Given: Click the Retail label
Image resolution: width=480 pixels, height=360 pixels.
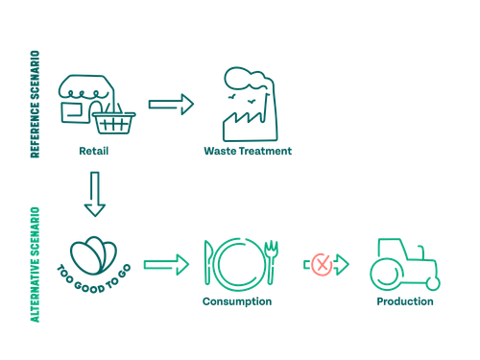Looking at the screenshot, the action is point(94,151).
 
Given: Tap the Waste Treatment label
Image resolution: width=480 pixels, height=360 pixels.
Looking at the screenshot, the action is point(248,151).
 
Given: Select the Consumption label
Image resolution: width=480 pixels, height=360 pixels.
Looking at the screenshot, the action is point(237,301).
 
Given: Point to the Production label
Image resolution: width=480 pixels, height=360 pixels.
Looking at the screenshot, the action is point(405,301).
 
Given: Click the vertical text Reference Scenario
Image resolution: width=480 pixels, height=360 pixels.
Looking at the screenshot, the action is point(36,104).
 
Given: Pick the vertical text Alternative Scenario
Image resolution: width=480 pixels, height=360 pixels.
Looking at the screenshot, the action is point(36,265).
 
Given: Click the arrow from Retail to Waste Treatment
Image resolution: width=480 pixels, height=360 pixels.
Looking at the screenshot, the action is point(171,105).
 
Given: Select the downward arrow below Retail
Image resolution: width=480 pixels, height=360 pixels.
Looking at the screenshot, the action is point(95,194).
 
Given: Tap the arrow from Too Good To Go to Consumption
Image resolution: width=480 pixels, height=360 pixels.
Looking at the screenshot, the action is point(166,265).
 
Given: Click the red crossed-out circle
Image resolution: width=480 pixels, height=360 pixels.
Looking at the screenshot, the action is point(322,264).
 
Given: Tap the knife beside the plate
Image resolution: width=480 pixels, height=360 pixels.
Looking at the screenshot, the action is point(208,262).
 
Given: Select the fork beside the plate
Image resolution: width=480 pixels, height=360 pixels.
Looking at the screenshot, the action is point(271,262).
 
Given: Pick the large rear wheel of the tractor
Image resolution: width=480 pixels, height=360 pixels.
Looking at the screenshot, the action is point(388,273).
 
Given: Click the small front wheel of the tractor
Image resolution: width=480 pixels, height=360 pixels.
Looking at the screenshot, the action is point(433,283).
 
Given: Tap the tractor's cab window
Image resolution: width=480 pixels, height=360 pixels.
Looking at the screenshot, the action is point(393,249).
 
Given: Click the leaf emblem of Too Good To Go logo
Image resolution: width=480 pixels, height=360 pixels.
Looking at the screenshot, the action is point(94,255).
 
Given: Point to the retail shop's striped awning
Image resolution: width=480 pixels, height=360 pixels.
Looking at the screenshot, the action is point(85,86).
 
